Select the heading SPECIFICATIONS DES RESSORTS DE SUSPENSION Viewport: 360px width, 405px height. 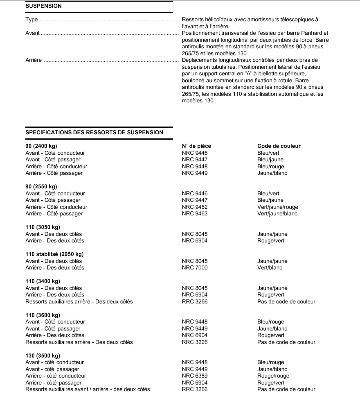point(94,132)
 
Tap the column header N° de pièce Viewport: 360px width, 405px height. point(196,146)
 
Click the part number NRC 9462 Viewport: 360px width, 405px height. point(194,207)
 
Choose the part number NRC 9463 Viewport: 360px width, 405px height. point(194,213)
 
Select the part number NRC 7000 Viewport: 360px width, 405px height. point(194,268)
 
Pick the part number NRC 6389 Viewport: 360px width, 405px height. point(194,376)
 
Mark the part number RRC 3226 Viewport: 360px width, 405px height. point(194,342)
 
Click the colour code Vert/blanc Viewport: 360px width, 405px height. point(270,268)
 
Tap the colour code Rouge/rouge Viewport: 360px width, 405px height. point(273,376)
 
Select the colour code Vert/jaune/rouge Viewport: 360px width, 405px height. point(278,207)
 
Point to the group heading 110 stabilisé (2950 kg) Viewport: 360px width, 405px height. point(54,254)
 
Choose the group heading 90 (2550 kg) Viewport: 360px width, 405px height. point(41,187)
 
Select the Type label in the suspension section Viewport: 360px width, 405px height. point(32,19)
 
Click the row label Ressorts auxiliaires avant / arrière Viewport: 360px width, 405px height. point(74,389)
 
